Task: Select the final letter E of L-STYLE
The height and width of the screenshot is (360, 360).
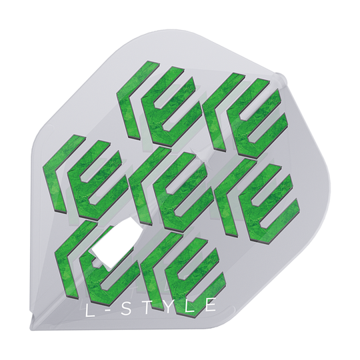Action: click(211, 305)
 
